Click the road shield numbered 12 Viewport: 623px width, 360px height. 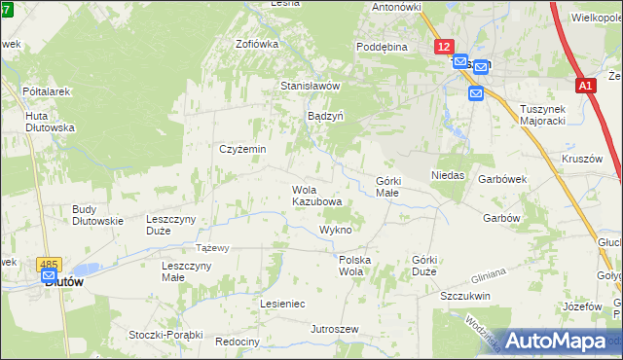(444, 46)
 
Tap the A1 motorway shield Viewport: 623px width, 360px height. (585, 87)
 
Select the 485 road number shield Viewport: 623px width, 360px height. (48, 264)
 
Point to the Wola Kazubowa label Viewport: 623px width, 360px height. (316, 196)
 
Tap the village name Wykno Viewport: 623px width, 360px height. (335, 230)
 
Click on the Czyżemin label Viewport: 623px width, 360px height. (242, 149)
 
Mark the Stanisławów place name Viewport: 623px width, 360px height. (310, 86)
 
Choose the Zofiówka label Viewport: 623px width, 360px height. (257, 44)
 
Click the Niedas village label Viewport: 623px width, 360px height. (448, 175)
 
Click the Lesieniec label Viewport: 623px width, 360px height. (282, 304)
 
